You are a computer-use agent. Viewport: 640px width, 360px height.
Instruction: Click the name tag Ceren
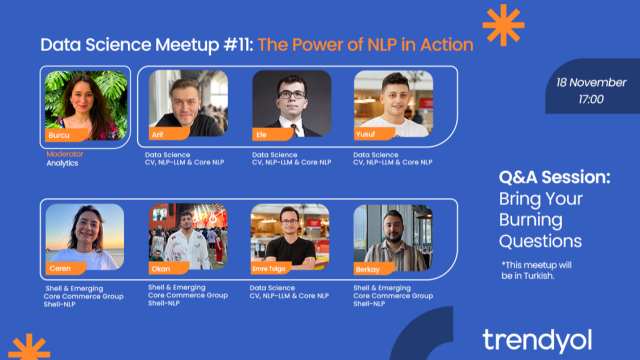coord(62,267)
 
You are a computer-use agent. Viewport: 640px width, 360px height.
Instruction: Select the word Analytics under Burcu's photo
coord(62,163)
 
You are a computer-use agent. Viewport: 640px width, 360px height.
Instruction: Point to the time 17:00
coord(590,99)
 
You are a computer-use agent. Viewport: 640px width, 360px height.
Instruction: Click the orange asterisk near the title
coord(496,20)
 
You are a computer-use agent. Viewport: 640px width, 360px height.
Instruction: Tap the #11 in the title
coord(237,45)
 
